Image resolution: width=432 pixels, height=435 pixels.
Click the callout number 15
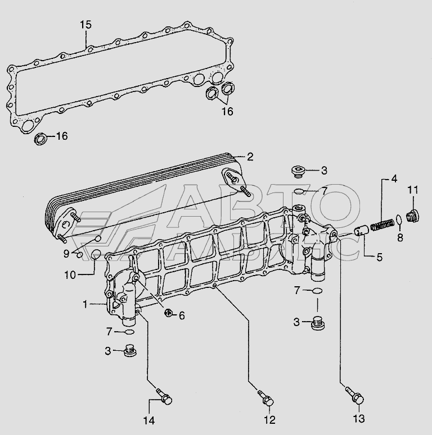point(85,25)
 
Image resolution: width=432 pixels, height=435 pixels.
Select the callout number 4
point(394,179)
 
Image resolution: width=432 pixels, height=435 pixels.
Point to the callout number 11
point(413,190)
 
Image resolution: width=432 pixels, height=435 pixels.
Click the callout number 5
point(379,258)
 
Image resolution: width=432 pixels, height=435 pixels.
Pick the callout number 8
point(400,238)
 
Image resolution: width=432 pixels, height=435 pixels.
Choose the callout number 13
point(359,418)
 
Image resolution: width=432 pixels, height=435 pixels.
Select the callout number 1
point(86,304)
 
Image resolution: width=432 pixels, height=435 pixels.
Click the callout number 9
point(66,254)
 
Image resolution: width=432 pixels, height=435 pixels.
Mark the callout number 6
point(182,316)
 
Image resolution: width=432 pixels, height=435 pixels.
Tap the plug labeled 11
point(413,215)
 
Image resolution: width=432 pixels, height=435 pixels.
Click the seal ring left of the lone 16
point(41,138)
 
